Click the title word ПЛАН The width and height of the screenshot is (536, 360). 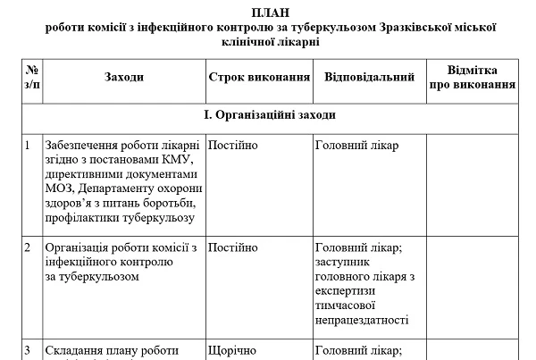point(270,11)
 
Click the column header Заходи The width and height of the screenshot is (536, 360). point(122,78)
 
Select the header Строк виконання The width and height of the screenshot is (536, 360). point(259,78)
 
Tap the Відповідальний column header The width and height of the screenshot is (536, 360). point(369,78)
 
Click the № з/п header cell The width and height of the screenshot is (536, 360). point(32,78)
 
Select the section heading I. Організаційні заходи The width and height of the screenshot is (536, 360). point(270,115)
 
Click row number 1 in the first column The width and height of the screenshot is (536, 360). point(29,146)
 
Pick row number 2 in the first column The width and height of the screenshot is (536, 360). point(29,247)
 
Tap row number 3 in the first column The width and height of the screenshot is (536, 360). point(29,350)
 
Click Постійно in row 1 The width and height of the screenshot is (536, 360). point(232,146)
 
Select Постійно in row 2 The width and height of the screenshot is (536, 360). point(232,247)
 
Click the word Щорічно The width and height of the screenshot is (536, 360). point(232,350)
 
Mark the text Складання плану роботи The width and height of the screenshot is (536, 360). point(111,350)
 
